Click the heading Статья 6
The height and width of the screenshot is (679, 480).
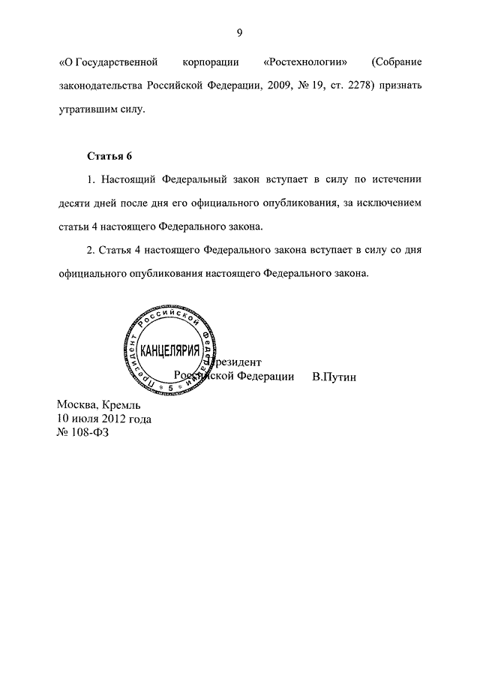click(109, 156)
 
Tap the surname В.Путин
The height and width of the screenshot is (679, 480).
click(334, 376)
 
